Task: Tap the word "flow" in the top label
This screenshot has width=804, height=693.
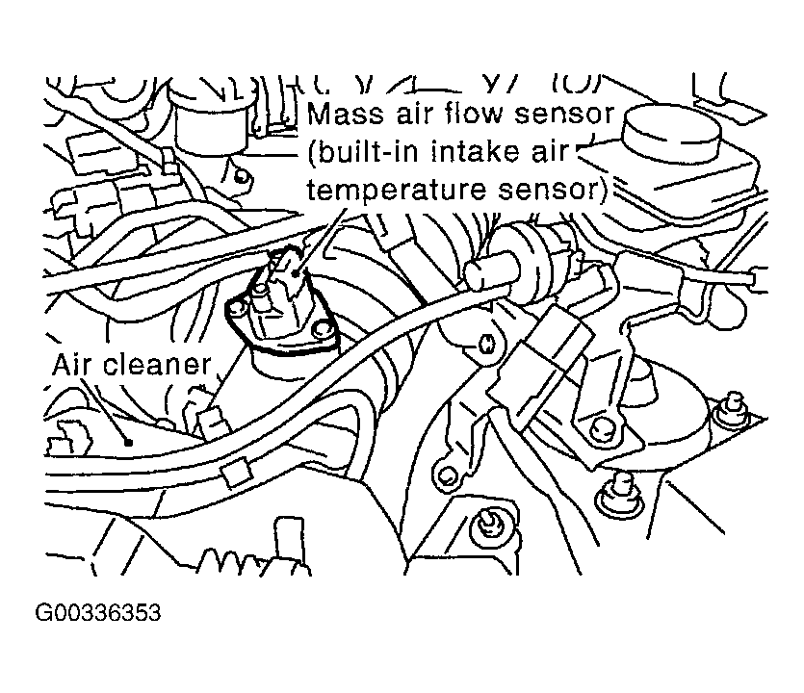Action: coord(478,115)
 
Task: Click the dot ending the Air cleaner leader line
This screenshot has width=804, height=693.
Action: coord(128,443)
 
